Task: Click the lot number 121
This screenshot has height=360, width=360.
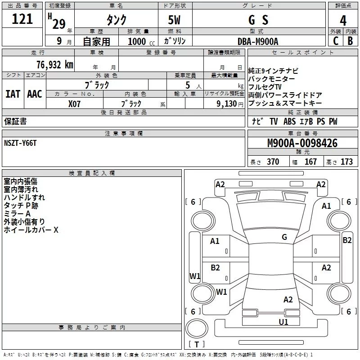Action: (22, 19)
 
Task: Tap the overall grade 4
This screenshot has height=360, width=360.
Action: (343, 21)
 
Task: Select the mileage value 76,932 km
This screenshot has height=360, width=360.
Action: (55, 65)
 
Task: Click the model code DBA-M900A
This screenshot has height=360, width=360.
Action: (258, 41)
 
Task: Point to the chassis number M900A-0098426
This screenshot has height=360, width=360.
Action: (302, 143)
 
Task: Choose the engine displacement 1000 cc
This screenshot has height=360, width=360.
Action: (141, 41)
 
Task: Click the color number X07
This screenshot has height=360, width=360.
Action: (74, 104)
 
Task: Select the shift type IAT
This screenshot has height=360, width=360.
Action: (13, 94)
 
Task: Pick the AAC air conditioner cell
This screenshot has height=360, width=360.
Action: (35, 94)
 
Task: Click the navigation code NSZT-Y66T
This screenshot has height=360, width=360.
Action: (20, 143)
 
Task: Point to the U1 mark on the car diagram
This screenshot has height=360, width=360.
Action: (283, 322)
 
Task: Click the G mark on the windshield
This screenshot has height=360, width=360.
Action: (284, 237)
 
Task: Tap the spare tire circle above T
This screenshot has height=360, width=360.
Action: (197, 329)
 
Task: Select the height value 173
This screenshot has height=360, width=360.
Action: (346, 162)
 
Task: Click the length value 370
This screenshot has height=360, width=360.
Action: (273, 162)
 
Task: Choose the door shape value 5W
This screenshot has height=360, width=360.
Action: (174, 20)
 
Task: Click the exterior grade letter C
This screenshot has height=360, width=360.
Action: (336, 41)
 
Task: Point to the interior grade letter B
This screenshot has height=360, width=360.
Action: (350, 41)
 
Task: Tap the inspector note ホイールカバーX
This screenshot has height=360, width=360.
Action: (31, 229)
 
